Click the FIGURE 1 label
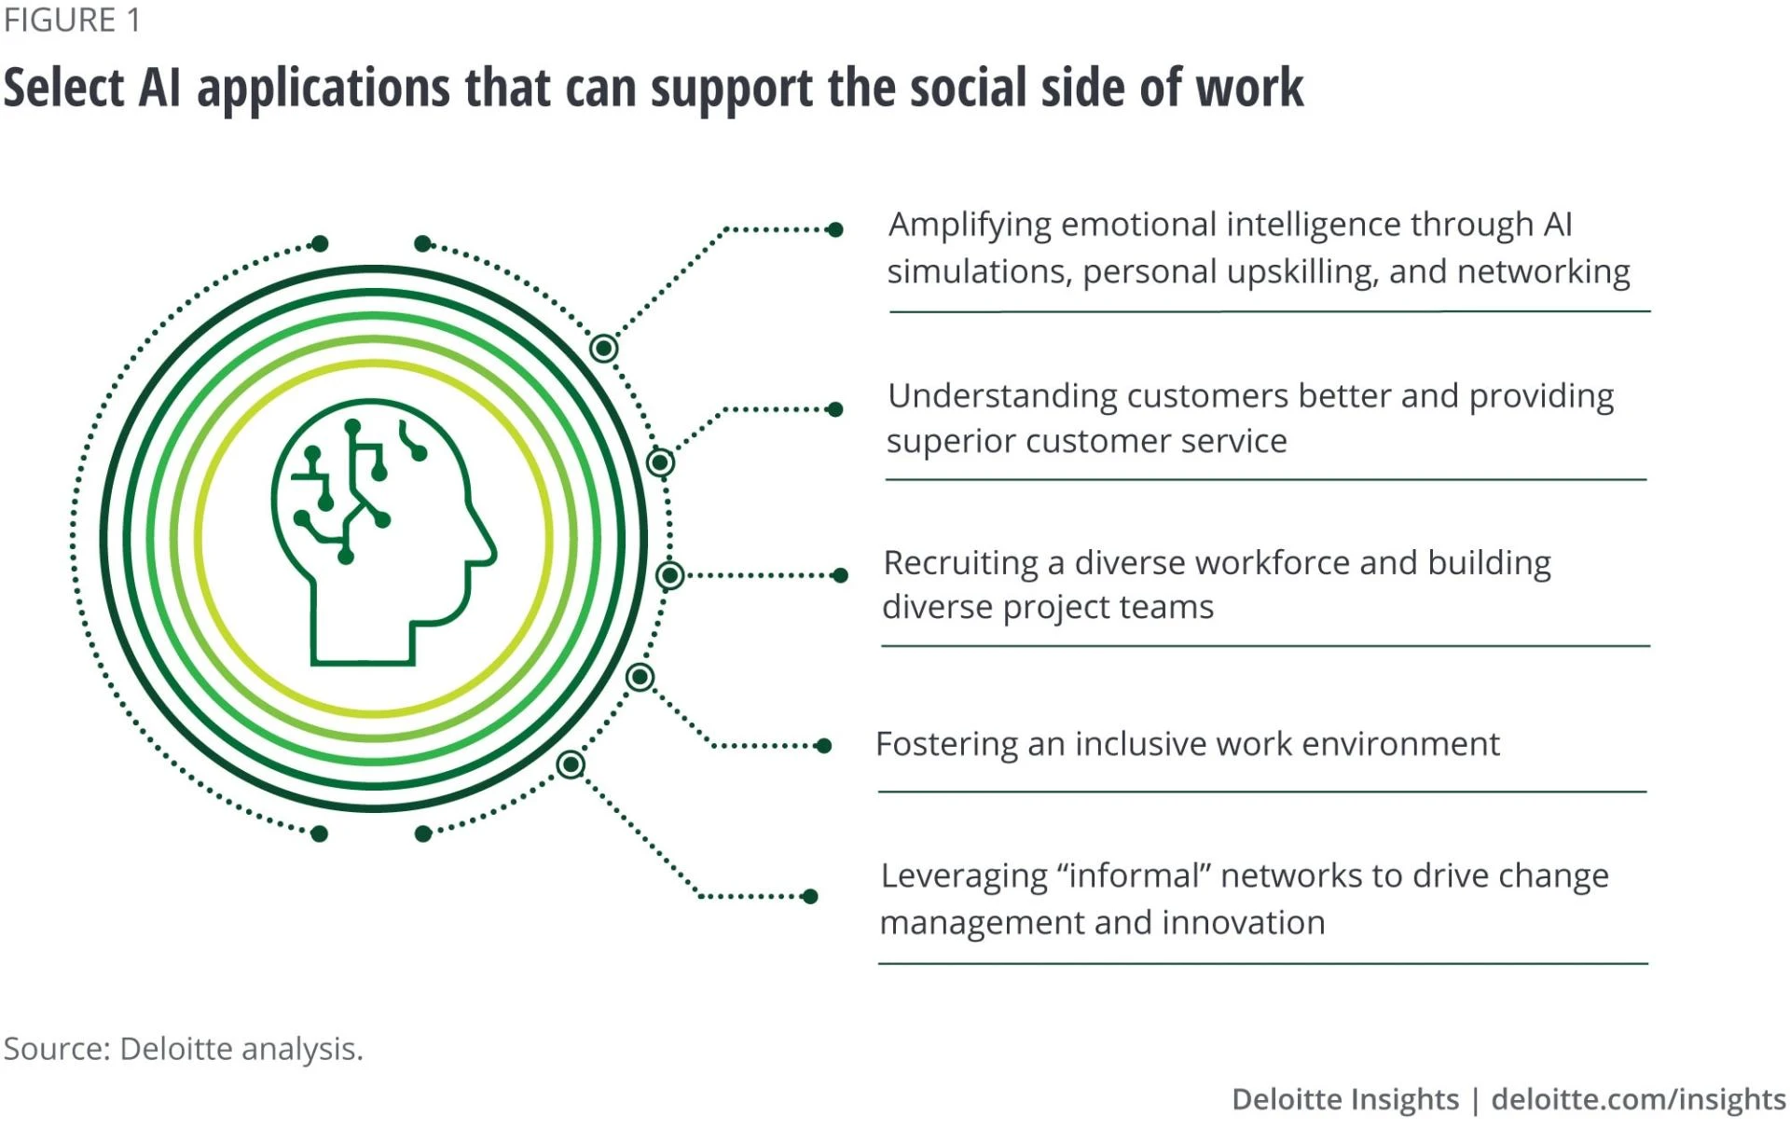tap(72, 20)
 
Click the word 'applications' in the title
tap(323, 90)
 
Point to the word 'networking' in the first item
tap(1543, 272)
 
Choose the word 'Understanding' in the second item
tap(1002, 397)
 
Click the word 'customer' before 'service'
tap(1087, 441)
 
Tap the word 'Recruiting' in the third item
tap(960, 564)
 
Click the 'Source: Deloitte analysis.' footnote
tap(183, 1049)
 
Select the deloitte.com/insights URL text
tap(1638, 1099)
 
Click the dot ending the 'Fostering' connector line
tap(823, 746)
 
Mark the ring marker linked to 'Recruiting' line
tap(669, 575)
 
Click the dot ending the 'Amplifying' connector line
tap(835, 229)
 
